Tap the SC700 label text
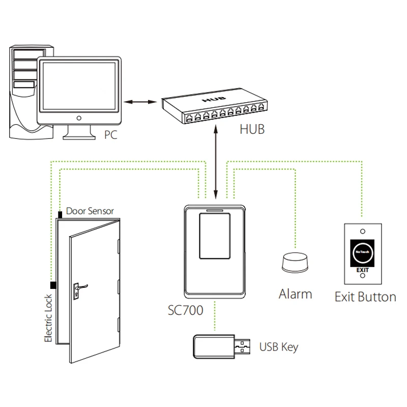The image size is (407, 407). point(185,310)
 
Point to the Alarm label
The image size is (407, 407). point(295,294)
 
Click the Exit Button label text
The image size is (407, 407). point(365,297)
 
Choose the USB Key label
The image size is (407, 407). point(279,347)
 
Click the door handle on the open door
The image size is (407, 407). point(79,287)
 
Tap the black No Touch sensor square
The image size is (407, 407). point(361,250)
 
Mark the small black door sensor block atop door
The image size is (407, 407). point(60,214)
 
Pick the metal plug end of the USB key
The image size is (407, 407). point(244,348)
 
